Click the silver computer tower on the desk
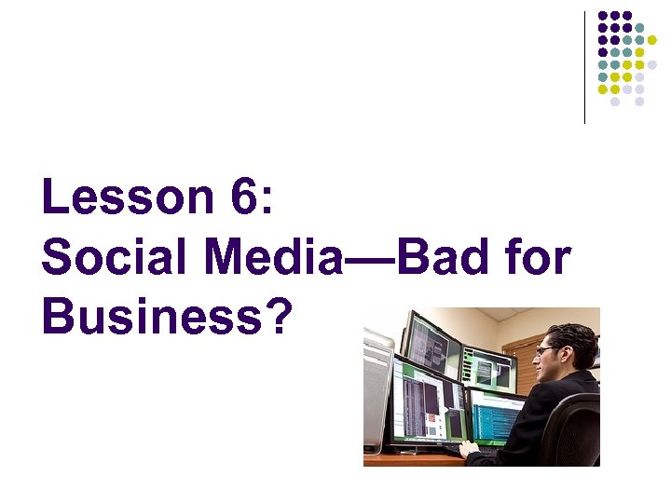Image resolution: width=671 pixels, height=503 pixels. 378,391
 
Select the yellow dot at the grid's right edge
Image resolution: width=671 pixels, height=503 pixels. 651,52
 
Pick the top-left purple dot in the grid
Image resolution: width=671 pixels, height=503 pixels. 603,16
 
